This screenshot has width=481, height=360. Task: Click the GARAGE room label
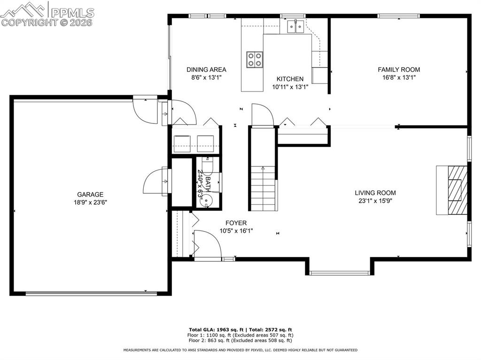[x=90, y=194]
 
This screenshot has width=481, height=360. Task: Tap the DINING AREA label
[x=206, y=69]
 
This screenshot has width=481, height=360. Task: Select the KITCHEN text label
[x=290, y=79]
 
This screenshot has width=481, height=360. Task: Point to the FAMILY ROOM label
[x=399, y=69]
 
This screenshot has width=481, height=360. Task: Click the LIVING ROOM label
[x=375, y=192]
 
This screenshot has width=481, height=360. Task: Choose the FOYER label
[x=236, y=223]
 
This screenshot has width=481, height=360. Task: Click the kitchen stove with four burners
[x=255, y=59]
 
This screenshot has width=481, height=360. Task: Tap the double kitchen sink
[x=295, y=27]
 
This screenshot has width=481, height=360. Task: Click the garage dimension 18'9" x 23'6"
[x=90, y=203]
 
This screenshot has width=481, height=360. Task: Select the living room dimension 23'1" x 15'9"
[x=375, y=201]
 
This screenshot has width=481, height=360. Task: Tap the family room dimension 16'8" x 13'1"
[x=399, y=78]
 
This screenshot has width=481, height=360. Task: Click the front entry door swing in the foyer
[x=207, y=244]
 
